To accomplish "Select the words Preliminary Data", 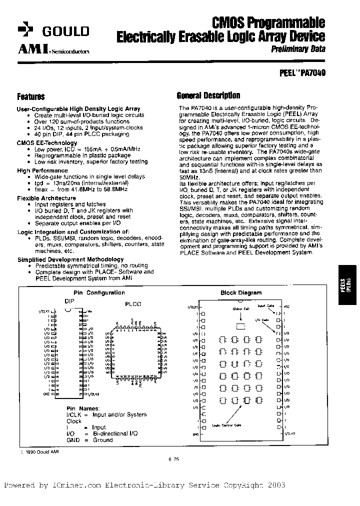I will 298,49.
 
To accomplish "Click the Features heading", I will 30,97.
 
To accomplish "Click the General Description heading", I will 208,95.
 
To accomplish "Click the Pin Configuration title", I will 98,293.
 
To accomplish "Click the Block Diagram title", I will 241,293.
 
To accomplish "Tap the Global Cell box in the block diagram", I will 240,326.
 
